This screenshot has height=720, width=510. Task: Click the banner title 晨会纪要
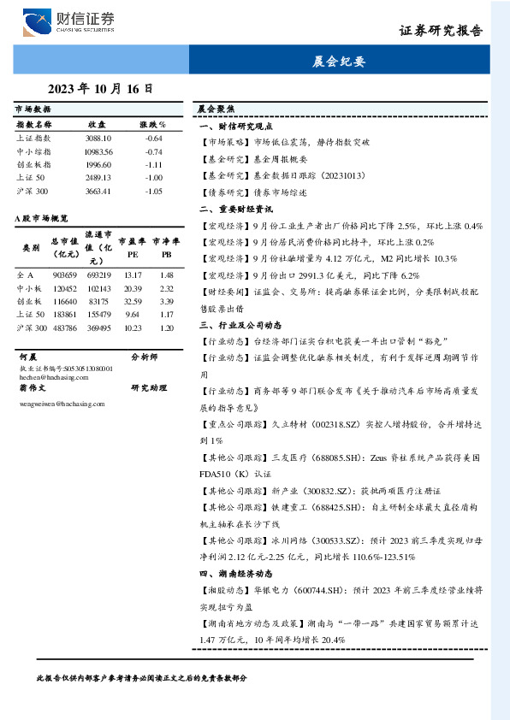pos(341,62)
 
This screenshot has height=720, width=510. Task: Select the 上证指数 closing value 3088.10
pos(98,138)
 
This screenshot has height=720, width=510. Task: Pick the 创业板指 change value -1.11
pos(153,164)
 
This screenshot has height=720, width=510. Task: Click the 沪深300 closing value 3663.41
pos(98,191)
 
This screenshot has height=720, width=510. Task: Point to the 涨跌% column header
pos(152,124)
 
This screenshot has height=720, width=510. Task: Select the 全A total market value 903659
pos(65,275)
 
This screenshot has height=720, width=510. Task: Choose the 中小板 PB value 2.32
pos(166,289)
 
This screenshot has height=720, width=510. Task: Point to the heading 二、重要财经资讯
pos(235,209)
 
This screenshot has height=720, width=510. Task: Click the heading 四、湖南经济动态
pos(235,574)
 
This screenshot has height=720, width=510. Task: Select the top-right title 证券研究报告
pos(441,30)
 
